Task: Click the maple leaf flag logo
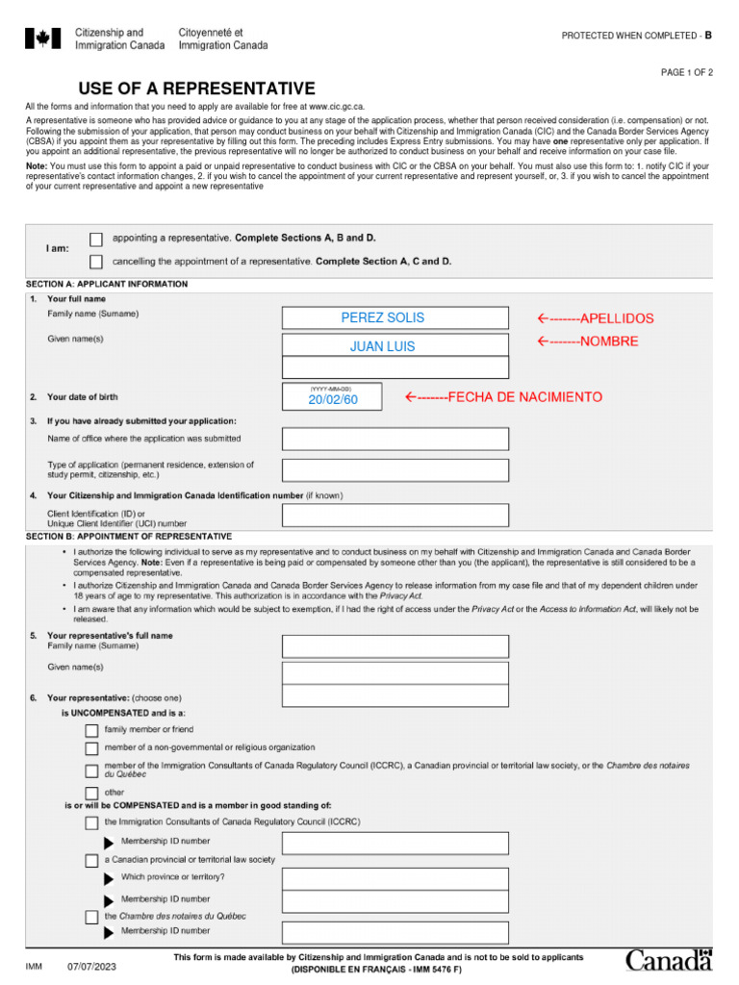coord(42,38)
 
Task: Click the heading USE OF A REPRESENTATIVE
coord(197,88)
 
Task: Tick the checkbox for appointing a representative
coord(95,239)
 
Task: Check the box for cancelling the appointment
coord(95,262)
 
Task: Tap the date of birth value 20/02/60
coord(332,398)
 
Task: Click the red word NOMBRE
coord(608,341)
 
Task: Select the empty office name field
coord(395,439)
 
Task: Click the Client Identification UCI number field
coord(395,516)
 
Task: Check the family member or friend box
coord(91,730)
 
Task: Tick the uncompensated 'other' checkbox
coord(91,793)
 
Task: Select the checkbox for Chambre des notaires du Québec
coord(91,917)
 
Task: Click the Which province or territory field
coord(395,878)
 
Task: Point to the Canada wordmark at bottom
coord(669,960)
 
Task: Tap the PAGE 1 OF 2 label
coord(686,73)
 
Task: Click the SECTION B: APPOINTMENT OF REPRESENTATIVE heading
coord(129,536)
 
